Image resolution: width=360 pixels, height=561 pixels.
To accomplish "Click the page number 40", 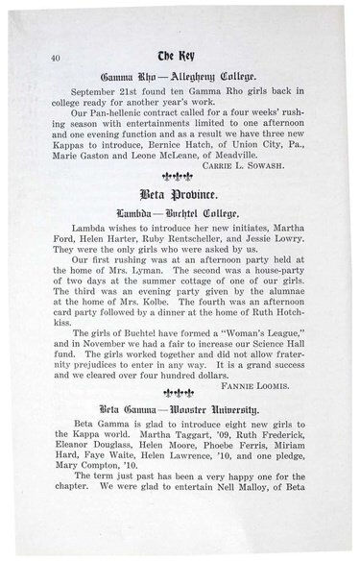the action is click(40, 59).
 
